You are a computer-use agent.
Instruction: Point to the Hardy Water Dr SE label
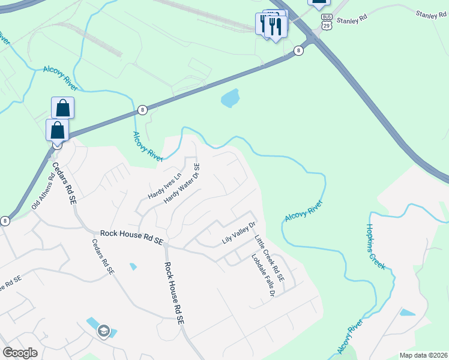click(182, 183)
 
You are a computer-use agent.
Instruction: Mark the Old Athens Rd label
click(42, 193)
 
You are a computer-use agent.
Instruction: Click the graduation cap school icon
click(104, 331)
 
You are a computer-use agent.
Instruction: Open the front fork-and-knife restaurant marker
click(276, 28)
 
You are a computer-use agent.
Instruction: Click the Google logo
click(20, 353)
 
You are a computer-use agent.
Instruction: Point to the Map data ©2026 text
click(424, 355)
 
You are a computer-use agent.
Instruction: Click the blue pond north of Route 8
click(230, 98)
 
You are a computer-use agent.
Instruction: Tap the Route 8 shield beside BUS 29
click(298, 50)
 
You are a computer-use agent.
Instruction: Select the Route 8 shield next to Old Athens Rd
click(5, 221)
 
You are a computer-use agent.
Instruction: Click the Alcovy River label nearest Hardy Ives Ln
click(148, 146)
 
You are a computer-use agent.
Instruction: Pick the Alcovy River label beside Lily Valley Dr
click(304, 212)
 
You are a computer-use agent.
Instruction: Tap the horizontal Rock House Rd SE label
click(131, 236)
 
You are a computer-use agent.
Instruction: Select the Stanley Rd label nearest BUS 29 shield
click(351, 20)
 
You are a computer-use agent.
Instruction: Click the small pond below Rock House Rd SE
click(133, 266)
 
